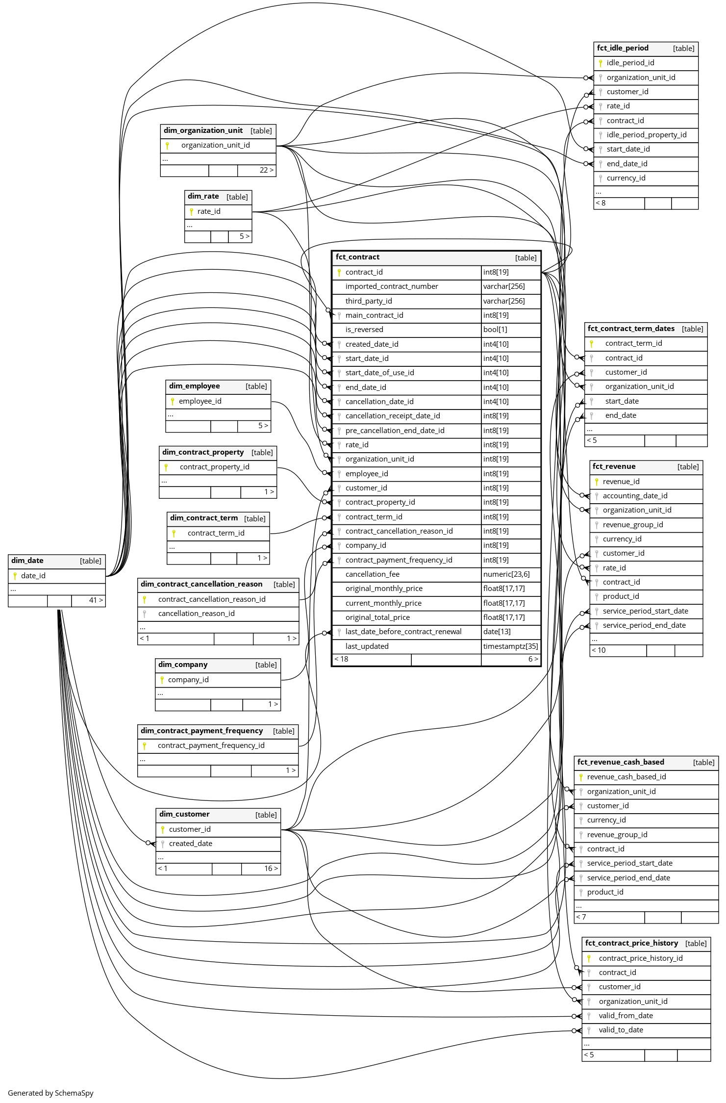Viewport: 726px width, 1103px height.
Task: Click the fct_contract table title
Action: pyautogui.click(x=357, y=257)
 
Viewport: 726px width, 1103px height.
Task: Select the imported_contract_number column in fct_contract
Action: pyautogui.click(x=391, y=286)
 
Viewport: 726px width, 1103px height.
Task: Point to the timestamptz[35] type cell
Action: pyautogui.click(x=510, y=646)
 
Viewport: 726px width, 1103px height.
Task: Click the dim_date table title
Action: pyautogui.click(x=27, y=561)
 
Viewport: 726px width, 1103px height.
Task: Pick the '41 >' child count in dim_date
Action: pyautogui.click(x=96, y=600)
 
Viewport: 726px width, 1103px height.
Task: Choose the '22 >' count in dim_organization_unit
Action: pyautogui.click(x=266, y=170)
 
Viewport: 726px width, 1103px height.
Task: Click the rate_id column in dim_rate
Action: pyautogui.click(x=209, y=211)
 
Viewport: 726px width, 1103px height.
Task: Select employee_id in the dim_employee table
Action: pyautogui.click(x=200, y=401)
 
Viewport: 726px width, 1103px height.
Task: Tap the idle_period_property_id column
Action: pyautogui.click(x=646, y=135)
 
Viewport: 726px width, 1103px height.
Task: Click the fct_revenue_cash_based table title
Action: pyautogui.click(x=621, y=762)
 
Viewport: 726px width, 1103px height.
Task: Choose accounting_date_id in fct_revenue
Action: pyautogui.click(x=635, y=496)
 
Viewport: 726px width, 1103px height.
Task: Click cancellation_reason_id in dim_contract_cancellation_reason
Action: pyautogui.click(x=196, y=614)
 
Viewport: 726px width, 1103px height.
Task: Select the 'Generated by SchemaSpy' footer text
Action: pyautogui.click(x=50, y=1093)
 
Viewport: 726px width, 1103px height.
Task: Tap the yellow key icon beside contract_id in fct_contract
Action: pyautogui.click(x=339, y=272)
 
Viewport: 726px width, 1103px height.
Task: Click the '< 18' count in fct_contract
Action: pyautogui.click(x=341, y=659)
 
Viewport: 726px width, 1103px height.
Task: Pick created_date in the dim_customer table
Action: pyautogui.click(x=191, y=844)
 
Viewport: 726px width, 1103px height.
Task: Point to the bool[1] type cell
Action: pyautogui.click(x=495, y=330)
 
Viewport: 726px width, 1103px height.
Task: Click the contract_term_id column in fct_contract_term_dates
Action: pyautogui.click(x=633, y=343)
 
